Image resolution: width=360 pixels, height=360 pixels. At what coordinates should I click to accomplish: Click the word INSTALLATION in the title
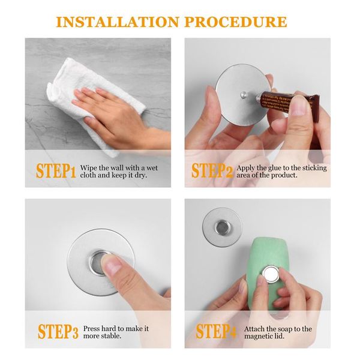click(118, 22)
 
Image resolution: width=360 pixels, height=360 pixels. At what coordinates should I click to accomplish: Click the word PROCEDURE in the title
click(236, 22)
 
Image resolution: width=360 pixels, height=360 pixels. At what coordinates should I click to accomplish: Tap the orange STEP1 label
click(56, 171)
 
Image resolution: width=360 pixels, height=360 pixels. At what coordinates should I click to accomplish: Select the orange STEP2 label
click(212, 170)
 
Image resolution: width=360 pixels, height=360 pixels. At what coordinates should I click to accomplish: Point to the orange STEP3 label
click(58, 332)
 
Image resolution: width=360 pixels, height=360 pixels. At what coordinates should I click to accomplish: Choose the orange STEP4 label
click(216, 331)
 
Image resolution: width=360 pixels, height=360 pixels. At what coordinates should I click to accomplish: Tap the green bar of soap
click(267, 273)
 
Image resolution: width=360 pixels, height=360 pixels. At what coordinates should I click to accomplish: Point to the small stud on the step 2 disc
click(243, 94)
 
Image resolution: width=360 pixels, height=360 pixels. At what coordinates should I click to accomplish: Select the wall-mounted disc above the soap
click(222, 227)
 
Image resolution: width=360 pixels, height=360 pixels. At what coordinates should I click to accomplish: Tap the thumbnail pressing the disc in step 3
click(113, 266)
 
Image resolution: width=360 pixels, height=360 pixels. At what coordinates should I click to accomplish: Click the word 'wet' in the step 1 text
click(152, 168)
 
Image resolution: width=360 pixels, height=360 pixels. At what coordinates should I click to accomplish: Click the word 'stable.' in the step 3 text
click(112, 336)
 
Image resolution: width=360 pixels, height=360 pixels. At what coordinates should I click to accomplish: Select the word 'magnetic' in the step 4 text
click(259, 337)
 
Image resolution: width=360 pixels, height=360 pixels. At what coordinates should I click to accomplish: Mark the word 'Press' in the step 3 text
click(91, 329)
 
